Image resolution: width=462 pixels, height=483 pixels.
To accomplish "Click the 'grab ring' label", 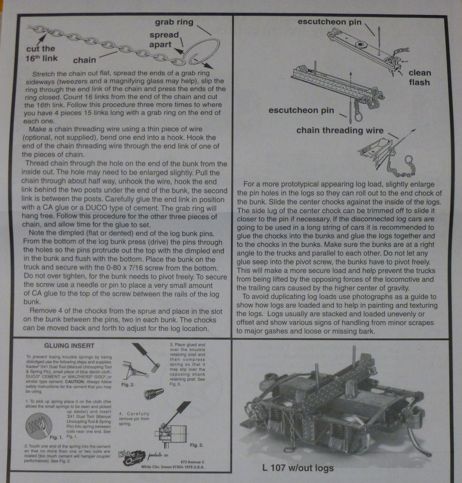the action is [174, 22].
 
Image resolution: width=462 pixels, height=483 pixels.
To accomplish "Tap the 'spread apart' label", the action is [164, 40].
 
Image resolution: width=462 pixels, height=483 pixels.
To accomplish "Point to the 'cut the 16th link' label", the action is [41, 53].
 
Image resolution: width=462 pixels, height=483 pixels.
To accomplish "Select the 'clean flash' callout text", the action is [419, 78].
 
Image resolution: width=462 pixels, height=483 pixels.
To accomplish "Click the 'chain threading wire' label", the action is [340, 130].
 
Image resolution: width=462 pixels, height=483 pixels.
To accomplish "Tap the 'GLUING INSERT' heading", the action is [69, 346].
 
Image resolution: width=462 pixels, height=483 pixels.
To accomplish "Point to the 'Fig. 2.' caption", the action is [128, 385].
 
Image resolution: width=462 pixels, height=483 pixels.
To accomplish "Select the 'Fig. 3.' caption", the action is [196, 445].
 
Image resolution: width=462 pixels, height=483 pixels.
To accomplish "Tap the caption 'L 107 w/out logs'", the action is [298, 468].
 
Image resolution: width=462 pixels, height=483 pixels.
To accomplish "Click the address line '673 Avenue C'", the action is [192, 461].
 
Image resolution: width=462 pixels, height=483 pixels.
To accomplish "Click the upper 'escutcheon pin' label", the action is [330, 22].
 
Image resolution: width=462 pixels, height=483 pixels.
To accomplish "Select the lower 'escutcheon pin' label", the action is [301, 110].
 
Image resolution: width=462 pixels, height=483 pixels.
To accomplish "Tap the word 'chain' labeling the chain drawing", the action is [84, 60].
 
